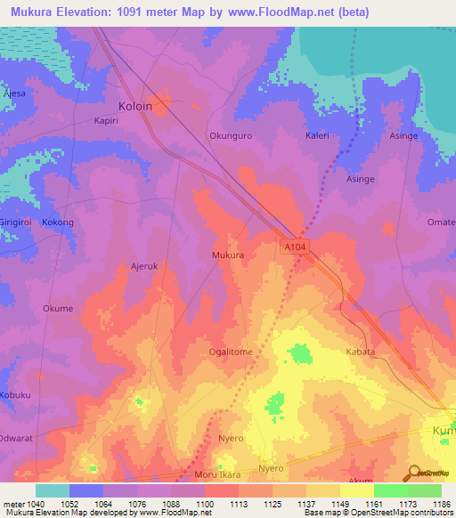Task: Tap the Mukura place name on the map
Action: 227,255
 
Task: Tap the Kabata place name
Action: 360,352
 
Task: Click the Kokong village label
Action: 58,223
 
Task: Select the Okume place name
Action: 57,309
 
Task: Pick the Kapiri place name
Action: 108,120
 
